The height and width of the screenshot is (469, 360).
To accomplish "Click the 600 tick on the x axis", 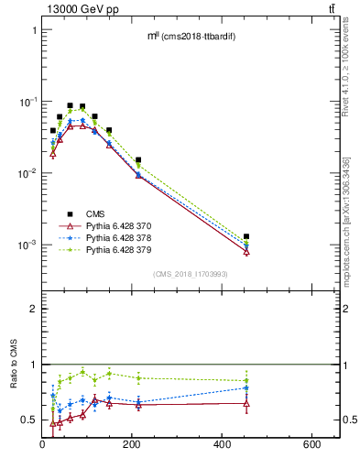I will click(311, 444).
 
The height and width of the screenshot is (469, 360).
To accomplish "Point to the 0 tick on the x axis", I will click(42, 444).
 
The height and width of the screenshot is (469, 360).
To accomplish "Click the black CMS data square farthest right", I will click(246, 236).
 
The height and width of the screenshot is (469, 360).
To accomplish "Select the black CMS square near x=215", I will click(138, 159).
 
